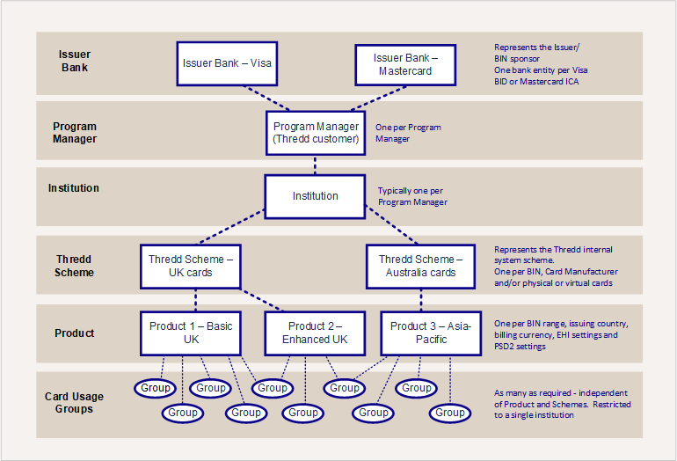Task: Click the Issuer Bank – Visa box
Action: pyautogui.click(x=227, y=63)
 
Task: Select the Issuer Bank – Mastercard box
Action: pyautogui.click(x=405, y=65)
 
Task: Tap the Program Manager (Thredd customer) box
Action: pyautogui.click(x=316, y=133)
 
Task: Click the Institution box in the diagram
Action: pyautogui.click(x=315, y=196)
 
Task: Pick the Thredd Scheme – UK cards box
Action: pyautogui.click(x=191, y=267)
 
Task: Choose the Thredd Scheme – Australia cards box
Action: pyautogui.click(x=420, y=267)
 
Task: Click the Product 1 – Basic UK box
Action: pyautogui.click(x=191, y=333)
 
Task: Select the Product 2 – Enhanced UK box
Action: pyautogui.click(x=315, y=333)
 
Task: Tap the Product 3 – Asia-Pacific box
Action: pyautogui.click(x=431, y=333)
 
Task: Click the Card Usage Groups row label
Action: pyautogui.click(x=74, y=403)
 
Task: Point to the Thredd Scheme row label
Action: pyautogui.click(x=74, y=266)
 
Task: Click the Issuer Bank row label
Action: pyautogui.click(x=75, y=61)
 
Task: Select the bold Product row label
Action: pyautogui.click(x=74, y=333)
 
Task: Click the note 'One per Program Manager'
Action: pyautogui.click(x=408, y=133)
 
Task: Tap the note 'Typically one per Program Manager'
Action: pyautogui.click(x=412, y=196)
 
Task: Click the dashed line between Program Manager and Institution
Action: pyautogui.click(x=315, y=165)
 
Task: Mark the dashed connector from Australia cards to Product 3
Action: pyautogui.click(x=421, y=300)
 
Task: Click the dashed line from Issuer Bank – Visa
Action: pyautogui.click(x=266, y=98)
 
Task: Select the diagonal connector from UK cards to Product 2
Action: pyautogui.click(x=262, y=300)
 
